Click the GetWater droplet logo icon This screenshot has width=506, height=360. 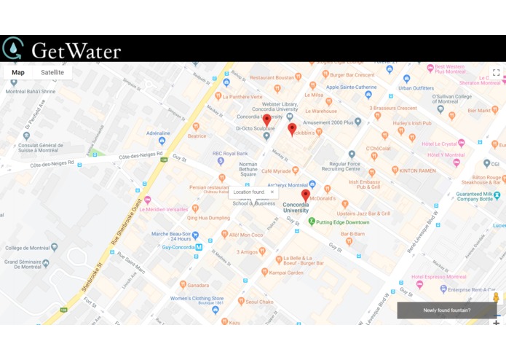coord(12,48)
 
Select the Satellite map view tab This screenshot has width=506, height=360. coord(52,72)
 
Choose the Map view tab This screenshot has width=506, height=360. coord(18,72)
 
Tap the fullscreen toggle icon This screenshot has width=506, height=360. coord(496,72)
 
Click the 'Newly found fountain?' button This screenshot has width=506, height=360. coord(448,310)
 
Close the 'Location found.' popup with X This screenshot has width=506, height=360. coord(272,192)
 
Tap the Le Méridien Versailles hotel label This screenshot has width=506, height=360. coord(163,209)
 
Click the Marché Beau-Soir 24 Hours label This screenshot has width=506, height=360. coord(171,236)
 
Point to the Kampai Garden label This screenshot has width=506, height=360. coord(284,273)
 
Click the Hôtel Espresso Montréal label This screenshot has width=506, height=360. coord(440,277)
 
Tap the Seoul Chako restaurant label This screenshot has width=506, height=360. coord(258,301)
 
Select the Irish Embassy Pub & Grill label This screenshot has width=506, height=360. coord(365,184)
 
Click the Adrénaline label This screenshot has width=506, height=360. coord(158,133)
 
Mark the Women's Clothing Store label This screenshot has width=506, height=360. coord(197,298)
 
